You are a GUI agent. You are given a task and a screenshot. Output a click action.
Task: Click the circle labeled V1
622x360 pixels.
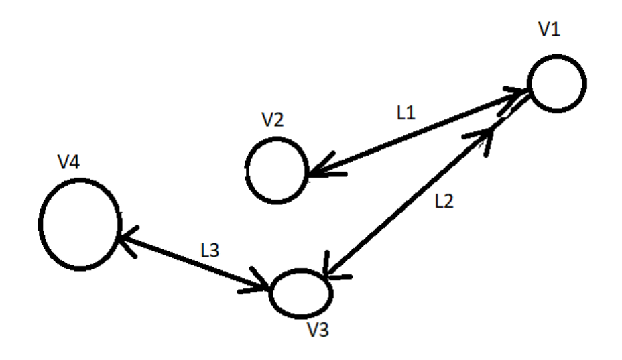[x=556, y=84]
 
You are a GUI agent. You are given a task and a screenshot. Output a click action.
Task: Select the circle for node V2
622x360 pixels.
[x=275, y=170]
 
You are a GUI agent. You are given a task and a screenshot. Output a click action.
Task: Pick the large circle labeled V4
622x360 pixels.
[x=80, y=223]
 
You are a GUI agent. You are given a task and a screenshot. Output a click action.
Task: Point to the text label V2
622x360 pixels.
[x=272, y=121]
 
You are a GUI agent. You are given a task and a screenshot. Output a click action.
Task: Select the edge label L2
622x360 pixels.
[x=443, y=202]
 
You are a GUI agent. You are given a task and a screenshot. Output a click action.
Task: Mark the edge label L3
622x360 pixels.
[x=210, y=249]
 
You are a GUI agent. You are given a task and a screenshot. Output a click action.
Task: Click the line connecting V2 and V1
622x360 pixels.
[x=416, y=137]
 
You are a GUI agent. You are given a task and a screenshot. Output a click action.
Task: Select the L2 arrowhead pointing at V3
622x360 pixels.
[x=331, y=269]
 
